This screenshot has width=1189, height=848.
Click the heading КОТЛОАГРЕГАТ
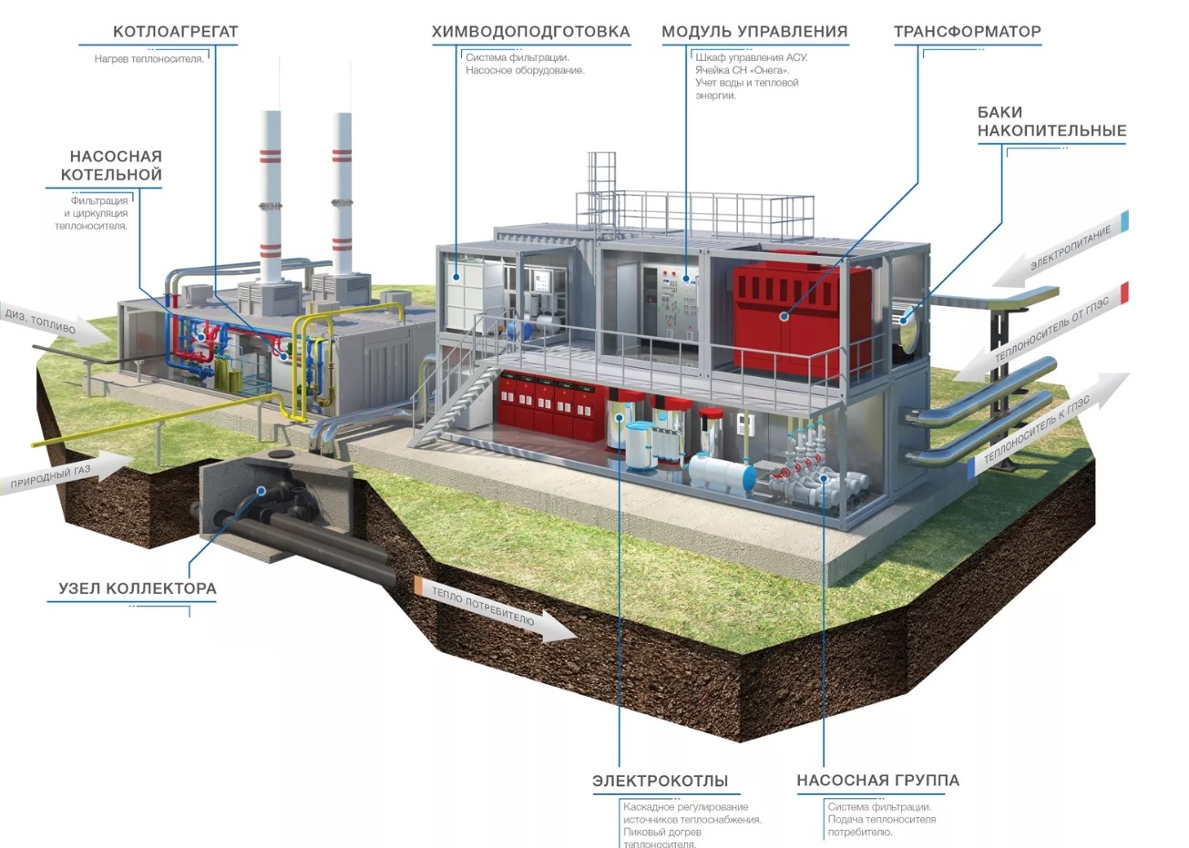[x=175, y=32]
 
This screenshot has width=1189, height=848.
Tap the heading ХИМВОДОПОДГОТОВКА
[x=531, y=32]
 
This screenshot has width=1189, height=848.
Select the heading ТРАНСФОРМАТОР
[x=967, y=32]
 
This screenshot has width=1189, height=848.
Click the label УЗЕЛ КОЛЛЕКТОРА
[x=138, y=588]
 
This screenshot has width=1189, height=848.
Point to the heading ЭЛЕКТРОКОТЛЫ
[x=660, y=781]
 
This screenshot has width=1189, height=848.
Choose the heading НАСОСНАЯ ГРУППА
[x=878, y=780]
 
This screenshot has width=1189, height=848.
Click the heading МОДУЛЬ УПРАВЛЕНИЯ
[x=754, y=32]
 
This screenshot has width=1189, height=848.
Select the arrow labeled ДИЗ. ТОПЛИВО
[x=56, y=325]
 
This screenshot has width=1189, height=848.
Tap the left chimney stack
[x=272, y=197]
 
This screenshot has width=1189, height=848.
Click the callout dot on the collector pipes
[x=261, y=491]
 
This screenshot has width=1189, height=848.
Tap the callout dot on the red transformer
[x=784, y=317]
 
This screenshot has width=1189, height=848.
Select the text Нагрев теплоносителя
[x=149, y=59]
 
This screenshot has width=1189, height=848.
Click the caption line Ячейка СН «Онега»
[x=743, y=70]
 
